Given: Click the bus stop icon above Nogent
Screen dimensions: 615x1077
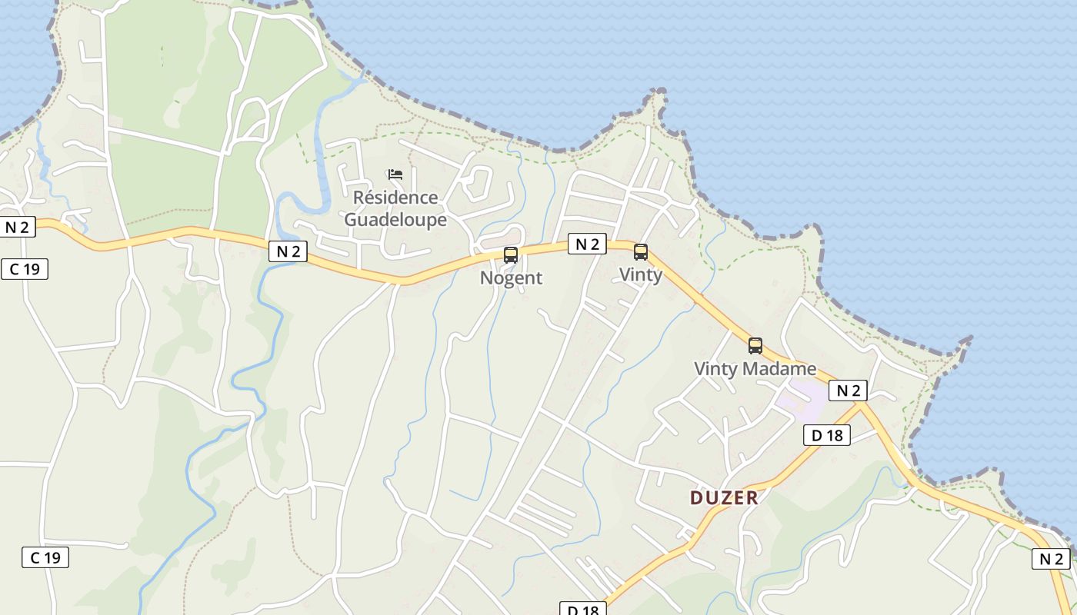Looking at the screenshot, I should [x=511, y=255].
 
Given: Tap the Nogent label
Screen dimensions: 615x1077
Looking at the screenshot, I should [x=511, y=278].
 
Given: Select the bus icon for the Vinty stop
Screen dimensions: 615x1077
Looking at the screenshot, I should [x=641, y=252].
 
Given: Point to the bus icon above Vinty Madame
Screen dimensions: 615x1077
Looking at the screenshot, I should [x=755, y=346].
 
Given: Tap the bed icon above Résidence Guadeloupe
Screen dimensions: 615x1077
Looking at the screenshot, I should [x=395, y=175].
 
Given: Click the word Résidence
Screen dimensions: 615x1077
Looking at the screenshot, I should [x=395, y=198].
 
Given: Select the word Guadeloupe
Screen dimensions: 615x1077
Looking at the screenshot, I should [x=395, y=220].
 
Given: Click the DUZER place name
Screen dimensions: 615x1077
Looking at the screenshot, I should [x=724, y=497].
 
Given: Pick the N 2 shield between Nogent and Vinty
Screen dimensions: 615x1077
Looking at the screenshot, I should [x=587, y=244].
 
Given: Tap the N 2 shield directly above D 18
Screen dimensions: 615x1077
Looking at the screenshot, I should [x=848, y=391].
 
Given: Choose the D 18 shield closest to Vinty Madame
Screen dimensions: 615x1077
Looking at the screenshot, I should [x=827, y=435].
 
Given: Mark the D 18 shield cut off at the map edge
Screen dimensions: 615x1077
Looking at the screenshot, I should [x=582, y=610].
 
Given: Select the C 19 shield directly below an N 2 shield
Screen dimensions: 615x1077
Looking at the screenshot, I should [x=25, y=269].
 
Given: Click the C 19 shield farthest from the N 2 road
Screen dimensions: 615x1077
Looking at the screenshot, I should [x=45, y=557].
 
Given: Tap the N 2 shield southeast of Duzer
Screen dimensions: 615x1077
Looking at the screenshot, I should [x=1051, y=559].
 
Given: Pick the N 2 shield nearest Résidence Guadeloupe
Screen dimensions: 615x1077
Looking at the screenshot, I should [x=288, y=251].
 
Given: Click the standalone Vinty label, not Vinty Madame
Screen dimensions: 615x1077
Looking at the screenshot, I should [x=641, y=274].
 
